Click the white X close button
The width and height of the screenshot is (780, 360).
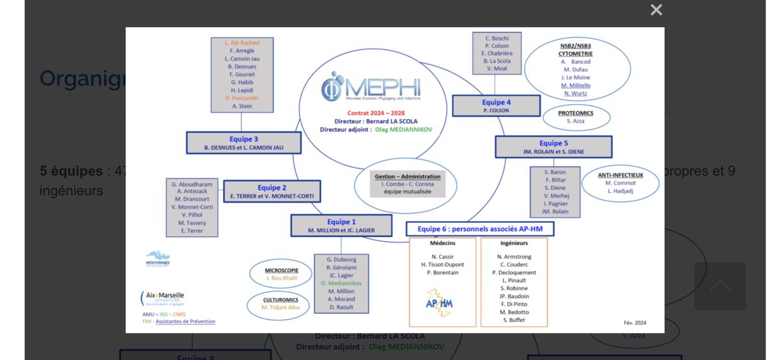656,10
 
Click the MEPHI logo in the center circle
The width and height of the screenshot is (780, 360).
371,87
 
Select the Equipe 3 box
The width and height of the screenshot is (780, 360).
244,143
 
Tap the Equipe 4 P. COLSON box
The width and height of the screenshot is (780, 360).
496,106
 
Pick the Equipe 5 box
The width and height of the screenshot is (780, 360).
553,147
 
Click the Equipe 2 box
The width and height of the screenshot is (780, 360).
272,191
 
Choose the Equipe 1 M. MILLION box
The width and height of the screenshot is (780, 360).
341,225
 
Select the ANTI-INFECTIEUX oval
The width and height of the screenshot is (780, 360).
620,183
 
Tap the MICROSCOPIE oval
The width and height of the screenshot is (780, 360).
281,274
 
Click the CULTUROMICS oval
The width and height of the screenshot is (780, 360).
281,303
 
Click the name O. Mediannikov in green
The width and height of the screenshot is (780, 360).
341,283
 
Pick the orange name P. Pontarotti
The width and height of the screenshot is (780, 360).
242,97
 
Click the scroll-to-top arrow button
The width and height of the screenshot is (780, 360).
720,286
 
